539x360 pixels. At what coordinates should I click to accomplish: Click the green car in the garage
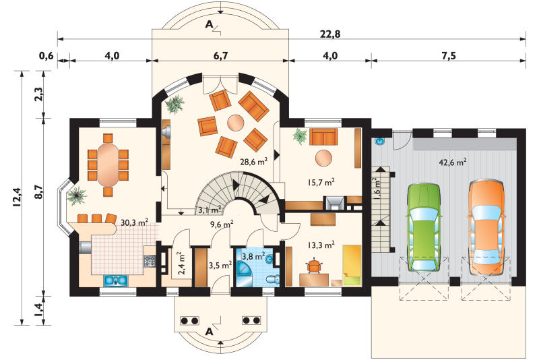coord(423,228)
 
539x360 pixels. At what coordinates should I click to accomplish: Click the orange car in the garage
coord(486,228)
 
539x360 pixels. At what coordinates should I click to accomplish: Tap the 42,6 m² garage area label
coord(453,162)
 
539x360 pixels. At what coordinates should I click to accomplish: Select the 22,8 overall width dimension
coord(330,34)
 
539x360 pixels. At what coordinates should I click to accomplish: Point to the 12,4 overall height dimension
coord(18,197)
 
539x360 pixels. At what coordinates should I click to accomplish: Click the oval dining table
coord(108,164)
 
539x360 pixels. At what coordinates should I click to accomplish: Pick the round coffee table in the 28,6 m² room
coord(236,123)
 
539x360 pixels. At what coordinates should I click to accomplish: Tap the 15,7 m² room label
coord(321,182)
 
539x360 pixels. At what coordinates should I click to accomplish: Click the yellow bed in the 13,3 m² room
coord(352,265)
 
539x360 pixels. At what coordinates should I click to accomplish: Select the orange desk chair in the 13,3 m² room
coord(314,266)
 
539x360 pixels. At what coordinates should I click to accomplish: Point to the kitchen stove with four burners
coord(150,262)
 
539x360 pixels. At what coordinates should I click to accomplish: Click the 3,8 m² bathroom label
coord(253,256)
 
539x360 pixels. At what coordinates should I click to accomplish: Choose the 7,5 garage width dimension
coord(449,55)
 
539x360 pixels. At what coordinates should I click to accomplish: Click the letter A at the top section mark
coord(209,24)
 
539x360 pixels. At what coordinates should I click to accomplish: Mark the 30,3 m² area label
coord(134,222)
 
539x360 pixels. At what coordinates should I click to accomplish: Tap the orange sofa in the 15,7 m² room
coord(323,137)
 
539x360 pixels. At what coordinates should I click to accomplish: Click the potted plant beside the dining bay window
coord(77,196)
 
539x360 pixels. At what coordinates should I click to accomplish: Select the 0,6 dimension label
coord(46,55)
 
